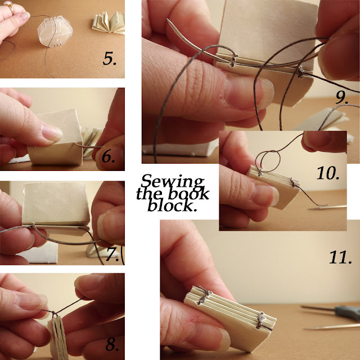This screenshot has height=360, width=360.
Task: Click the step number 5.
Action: (110, 58)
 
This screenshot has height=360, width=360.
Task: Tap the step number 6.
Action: (109, 156)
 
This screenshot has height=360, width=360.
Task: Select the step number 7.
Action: (113, 254)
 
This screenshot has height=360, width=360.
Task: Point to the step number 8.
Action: (112, 344)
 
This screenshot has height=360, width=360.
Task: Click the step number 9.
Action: (342, 97)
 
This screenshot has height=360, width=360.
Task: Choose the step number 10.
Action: (328, 173)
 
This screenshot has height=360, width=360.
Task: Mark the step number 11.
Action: (340, 257)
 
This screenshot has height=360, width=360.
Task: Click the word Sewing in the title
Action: (173, 182)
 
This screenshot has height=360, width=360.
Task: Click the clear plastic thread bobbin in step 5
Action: (55, 31)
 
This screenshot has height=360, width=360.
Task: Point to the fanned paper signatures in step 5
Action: (109, 23)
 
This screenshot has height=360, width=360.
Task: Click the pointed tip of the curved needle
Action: (168, 20)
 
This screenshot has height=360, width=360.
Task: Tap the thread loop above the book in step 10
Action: (268, 161)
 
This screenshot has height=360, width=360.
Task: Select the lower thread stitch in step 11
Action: (261, 321)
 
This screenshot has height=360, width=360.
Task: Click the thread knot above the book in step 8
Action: (54, 313)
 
